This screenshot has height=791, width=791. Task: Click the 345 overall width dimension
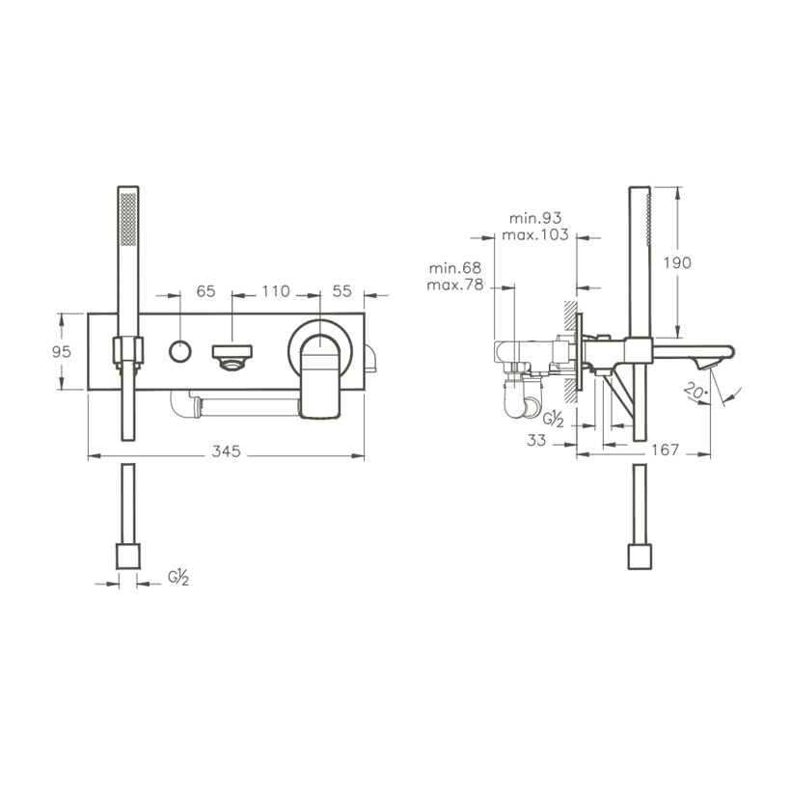click(x=226, y=451)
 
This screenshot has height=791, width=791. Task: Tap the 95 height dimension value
click(x=62, y=352)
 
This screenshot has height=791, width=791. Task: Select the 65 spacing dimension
click(x=205, y=291)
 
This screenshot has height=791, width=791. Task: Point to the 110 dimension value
click(x=276, y=291)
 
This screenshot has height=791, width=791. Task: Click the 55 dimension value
click(x=341, y=291)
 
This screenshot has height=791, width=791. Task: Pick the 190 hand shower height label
click(x=677, y=262)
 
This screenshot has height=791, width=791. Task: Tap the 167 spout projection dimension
click(x=666, y=450)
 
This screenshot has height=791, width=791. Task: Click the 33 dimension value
click(x=536, y=441)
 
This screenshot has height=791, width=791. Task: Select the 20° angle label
click(x=696, y=391)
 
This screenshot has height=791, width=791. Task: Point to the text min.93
click(x=535, y=218)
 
